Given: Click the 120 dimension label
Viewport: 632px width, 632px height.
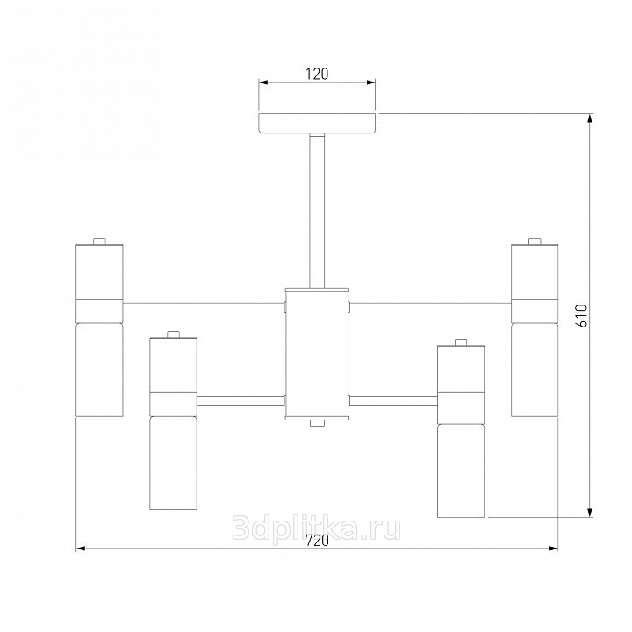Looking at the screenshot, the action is tap(317, 74).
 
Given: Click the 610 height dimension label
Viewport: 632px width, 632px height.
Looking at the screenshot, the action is tap(583, 316).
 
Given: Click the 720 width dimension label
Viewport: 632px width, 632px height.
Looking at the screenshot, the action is tap(317, 541).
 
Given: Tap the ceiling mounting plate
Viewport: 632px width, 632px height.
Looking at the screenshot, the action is tap(317, 124).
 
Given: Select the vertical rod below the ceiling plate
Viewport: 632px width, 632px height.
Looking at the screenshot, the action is tap(317, 212).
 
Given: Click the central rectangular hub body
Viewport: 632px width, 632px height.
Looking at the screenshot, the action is tap(317, 354).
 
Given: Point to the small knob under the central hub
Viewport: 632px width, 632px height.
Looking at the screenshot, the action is tap(317, 423).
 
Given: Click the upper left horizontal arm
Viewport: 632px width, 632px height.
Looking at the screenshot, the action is tap(204, 307).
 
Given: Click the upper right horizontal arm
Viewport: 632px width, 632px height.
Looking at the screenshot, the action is tap(430, 307).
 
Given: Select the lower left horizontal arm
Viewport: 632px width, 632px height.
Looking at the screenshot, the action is tap(241, 400).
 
